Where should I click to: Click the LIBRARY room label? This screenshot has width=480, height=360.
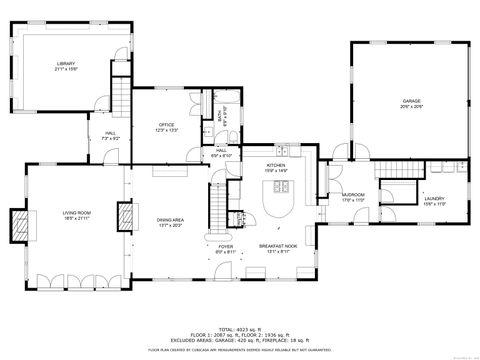66,64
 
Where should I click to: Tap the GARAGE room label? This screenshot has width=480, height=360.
411,101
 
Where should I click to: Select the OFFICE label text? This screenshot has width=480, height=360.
165,125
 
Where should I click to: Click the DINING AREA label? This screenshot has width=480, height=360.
170,221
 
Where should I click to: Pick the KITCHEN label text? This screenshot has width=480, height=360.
277,165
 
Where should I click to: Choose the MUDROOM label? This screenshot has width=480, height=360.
353,195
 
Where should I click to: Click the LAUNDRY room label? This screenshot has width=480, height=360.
434,199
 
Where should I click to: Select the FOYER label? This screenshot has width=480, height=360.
226,246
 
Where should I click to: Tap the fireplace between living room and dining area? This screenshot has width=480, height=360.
125,217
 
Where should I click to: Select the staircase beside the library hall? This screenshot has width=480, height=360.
120,101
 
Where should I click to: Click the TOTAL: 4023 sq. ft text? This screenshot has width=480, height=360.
240,328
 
